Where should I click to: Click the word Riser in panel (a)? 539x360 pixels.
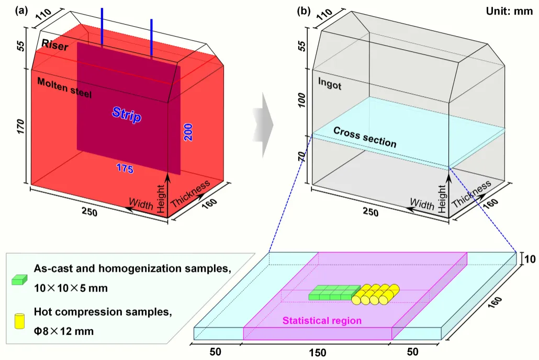click(x=54, y=44)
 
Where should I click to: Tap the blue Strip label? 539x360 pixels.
click(x=127, y=115)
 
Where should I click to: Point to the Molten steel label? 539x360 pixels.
click(x=64, y=87)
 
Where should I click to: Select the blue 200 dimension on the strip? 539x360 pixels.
click(x=188, y=132)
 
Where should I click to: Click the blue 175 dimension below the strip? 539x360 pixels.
click(x=125, y=168)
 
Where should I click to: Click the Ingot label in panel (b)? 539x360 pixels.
click(x=330, y=83)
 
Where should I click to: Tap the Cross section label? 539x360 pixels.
click(x=365, y=137)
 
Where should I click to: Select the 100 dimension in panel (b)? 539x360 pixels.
click(x=302, y=100)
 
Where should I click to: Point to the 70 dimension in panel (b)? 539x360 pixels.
click(x=301, y=156)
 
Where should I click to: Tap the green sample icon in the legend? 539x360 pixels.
click(x=19, y=279)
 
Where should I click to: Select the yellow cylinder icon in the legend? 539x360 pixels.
click(x=19, y=321)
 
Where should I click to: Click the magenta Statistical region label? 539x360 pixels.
click(x=322, y=321)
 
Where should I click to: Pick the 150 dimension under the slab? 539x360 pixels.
click(x=317, y=353)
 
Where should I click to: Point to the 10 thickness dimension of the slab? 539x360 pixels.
click(x=530, y=258)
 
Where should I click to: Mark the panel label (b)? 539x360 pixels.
click(x=304, y=11)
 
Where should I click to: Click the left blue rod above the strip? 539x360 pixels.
click(x=102, y=26)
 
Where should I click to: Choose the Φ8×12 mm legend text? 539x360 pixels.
click(x=64, y=331)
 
